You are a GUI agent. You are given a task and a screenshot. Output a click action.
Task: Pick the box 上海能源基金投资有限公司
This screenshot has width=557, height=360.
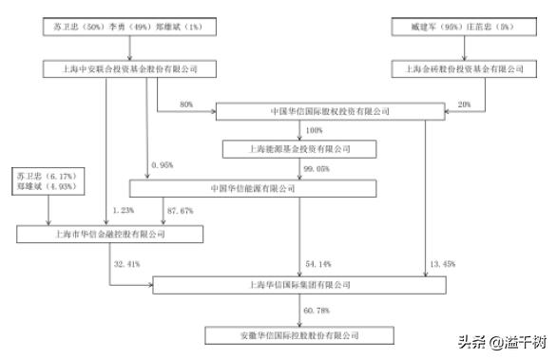pos(298,149)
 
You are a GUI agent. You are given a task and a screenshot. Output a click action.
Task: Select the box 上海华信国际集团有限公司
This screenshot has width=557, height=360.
pos(298,283)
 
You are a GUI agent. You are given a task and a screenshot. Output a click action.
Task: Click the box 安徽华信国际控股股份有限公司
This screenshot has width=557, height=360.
pos(298,335)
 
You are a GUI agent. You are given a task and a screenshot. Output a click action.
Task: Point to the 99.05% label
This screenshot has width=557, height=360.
pos(316,167)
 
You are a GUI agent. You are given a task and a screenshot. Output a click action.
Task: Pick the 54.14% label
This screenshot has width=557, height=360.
pos(317,261)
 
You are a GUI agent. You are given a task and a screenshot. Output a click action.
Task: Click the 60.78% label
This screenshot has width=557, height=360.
pos(317,310)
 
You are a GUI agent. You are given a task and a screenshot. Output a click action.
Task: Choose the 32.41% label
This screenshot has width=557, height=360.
pos(127,261)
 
